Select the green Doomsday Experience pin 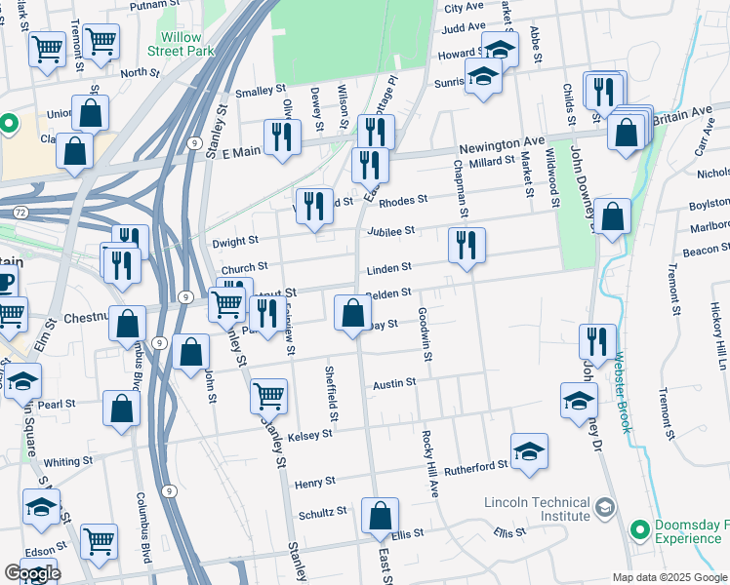click(640, 529)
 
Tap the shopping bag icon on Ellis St click(380, 517)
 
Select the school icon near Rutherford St click(529, 451)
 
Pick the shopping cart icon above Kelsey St click(268, 396)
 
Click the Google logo click(31, 573)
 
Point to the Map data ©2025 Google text click(669, 577)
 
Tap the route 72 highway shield click(20, 212)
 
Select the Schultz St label click(323, 512)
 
